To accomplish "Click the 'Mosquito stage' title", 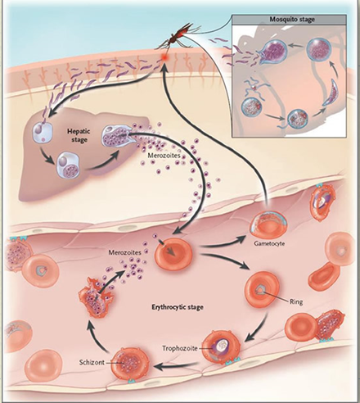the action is [292, 20].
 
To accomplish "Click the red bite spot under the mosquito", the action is [164, 57].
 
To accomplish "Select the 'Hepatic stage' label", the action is [79, 135].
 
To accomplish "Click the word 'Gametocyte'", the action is [269, 243].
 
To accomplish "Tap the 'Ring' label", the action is [296, 302].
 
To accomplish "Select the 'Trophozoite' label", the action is [180, 348].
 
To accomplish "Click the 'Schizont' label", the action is [92, 362].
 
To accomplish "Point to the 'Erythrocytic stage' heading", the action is [178, 307].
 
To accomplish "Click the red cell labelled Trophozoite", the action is [222, 347].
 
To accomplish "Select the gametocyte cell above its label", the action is [268, 224].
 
